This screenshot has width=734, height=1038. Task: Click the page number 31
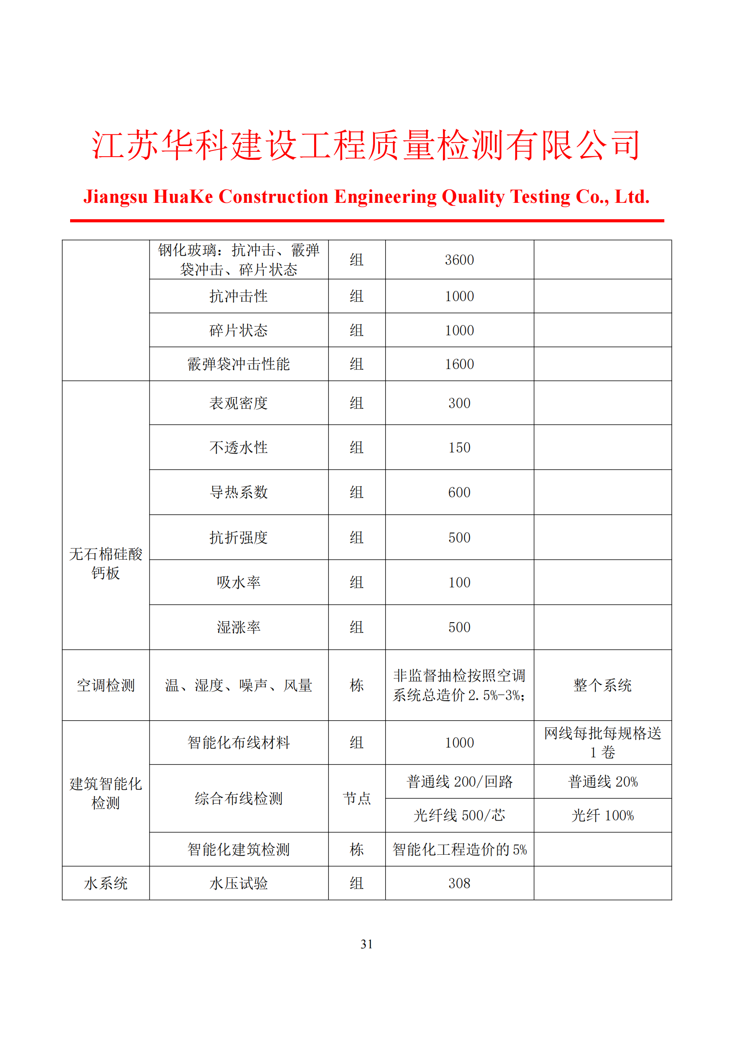[x=367, y=944]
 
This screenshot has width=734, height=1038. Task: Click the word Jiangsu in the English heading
[x=115, y=197]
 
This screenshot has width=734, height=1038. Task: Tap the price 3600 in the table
[x=459, y=260]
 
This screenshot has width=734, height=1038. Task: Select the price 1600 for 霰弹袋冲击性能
[x=459, y=364]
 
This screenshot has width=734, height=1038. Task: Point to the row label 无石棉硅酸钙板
[x=106, y=563]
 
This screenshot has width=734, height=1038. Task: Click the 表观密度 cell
[x=239, y=403]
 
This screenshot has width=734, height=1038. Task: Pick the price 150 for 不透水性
[x=459, y=448]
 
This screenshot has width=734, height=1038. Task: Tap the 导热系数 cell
[x=239, y=492]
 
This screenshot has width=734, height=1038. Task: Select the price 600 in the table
[x=459, y=492]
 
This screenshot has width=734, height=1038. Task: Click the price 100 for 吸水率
[x=459, y=582]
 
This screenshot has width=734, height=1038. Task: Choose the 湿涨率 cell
[x=239, y=627]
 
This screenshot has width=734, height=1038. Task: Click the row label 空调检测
[x=106, y=685]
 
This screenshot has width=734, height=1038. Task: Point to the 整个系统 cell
[x=603, y=685]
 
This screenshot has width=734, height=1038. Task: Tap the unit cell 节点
[x=357, y=798]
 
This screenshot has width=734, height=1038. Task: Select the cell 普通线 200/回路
[x=459, y=781]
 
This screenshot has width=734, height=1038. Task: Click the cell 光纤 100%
[x=603, y=816]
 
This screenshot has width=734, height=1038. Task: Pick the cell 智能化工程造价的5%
[x=459, y=849]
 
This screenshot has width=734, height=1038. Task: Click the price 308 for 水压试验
[x=459, y=884]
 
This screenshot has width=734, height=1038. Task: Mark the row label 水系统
[x=106, y=884]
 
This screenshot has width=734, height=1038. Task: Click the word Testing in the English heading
[x=540, y=197]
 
